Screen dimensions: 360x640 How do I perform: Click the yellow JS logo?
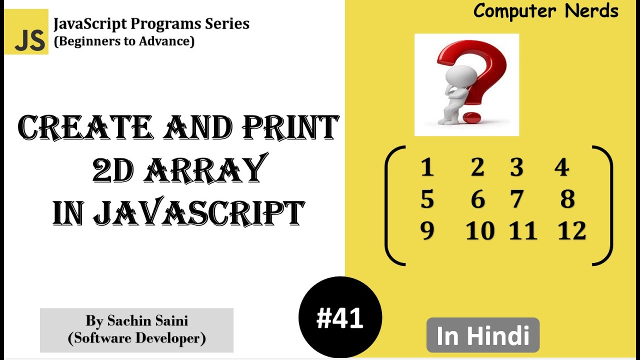(x=26, y=32)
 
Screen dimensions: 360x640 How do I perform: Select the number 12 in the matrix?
(x=572, y=231)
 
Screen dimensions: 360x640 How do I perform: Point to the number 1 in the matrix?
(x=426, y=167)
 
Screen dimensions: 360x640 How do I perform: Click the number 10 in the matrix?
(x=480, y=231)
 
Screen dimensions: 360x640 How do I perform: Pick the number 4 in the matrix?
(x=561, y=167)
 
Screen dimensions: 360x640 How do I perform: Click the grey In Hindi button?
(x=482, y=335)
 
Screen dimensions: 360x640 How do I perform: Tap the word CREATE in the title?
(x=84, y=127)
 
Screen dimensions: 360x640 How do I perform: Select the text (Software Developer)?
(x=136, y=338)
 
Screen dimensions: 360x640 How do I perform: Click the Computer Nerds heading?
(x=545, y=11)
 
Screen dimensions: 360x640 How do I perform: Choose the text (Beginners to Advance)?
(x=124, y=41)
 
